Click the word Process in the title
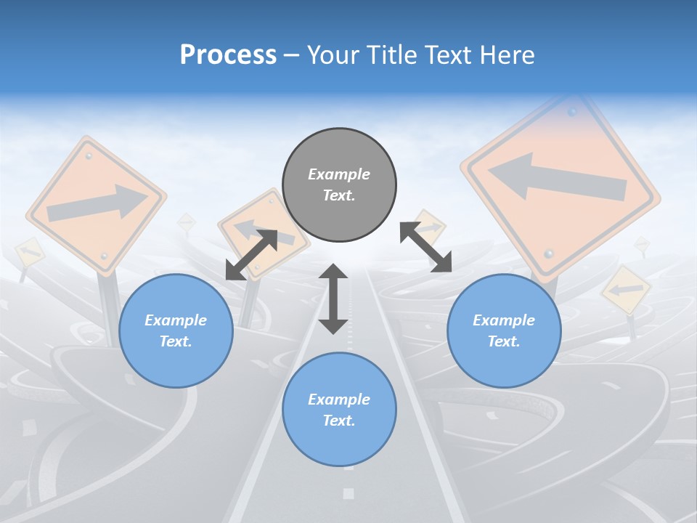[228, 54]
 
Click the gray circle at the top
[339, 185]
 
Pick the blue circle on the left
[176, 331]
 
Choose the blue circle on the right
[504, 331]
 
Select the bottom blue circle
[339, 410]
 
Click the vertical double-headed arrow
[333, 299]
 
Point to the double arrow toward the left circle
[251, 254]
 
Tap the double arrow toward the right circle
[425, 247]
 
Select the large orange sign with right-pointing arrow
[96, 206]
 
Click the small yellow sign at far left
[30, 252]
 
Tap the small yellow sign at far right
[626, 290]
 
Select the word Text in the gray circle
[338, 195]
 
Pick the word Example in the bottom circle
[339, 399]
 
